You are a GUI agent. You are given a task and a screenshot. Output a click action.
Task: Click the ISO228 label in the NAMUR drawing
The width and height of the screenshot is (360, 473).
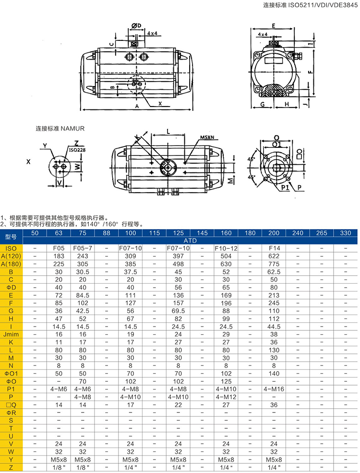(x=77, y=150)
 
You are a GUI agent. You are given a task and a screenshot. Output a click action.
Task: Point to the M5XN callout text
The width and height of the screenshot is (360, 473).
(x=208, y=137)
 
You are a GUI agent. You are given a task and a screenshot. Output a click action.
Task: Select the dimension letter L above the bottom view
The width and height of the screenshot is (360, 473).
(x=168, y=131)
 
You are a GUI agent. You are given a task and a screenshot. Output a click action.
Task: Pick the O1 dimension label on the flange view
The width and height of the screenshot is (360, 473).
(x=276, y=144)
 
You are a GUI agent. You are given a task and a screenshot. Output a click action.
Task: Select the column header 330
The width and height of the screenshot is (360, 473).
(x=345, y=233)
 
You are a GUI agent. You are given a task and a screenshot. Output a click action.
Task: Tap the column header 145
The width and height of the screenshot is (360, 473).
(x=202, y=233)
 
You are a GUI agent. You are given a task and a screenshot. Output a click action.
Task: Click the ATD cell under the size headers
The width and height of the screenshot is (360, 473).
(x=190, y=240)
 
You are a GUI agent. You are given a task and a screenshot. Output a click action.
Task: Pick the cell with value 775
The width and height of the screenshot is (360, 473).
(x=274, y=263)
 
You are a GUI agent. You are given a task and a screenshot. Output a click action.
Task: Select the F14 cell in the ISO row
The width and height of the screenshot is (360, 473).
(x=274, y=248)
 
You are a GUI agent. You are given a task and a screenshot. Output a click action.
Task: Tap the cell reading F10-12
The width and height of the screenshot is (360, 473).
(x=226, y=248)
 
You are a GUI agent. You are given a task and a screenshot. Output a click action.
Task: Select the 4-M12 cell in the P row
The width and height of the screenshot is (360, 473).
(x=226, y=397)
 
